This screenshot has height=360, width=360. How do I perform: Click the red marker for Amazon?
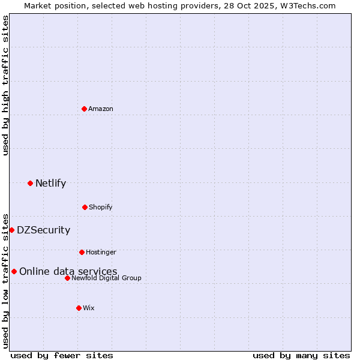click(x=85, y=109)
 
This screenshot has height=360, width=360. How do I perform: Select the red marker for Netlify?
click(x=30, y=183)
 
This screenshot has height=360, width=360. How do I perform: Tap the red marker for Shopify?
click(x=85, y=207)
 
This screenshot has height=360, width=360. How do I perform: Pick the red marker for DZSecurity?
click(x=11, y=230)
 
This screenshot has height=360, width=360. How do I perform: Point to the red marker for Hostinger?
click(x=82, y=252)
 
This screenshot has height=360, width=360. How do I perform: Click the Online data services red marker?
click(x=14, y=271)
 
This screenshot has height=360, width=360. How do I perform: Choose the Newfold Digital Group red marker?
click(x=67, y=278)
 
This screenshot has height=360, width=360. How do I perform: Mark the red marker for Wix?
click(x=79, y=308)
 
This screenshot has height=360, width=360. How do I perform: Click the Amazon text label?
click(x=101, y=109)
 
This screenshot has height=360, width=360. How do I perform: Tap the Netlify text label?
click(x=50, y=183)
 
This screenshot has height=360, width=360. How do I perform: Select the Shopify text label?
click(x=101, y=207)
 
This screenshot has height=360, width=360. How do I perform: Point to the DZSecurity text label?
click(x=43, y=230)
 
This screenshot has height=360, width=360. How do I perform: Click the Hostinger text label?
click(x=101, y=252)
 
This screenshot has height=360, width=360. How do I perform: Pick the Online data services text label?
click(x=68, y=271)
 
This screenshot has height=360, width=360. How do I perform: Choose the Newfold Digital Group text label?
click(x=106, y=278)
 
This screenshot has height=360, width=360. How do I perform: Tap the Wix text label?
click(x=89, y=308)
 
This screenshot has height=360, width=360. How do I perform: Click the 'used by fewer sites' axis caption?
click(x=62, y=355)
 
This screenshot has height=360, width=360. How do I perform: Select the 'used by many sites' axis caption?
click(x=301, y=355)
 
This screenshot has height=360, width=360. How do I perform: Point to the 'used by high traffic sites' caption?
click(x=5, y=85)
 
